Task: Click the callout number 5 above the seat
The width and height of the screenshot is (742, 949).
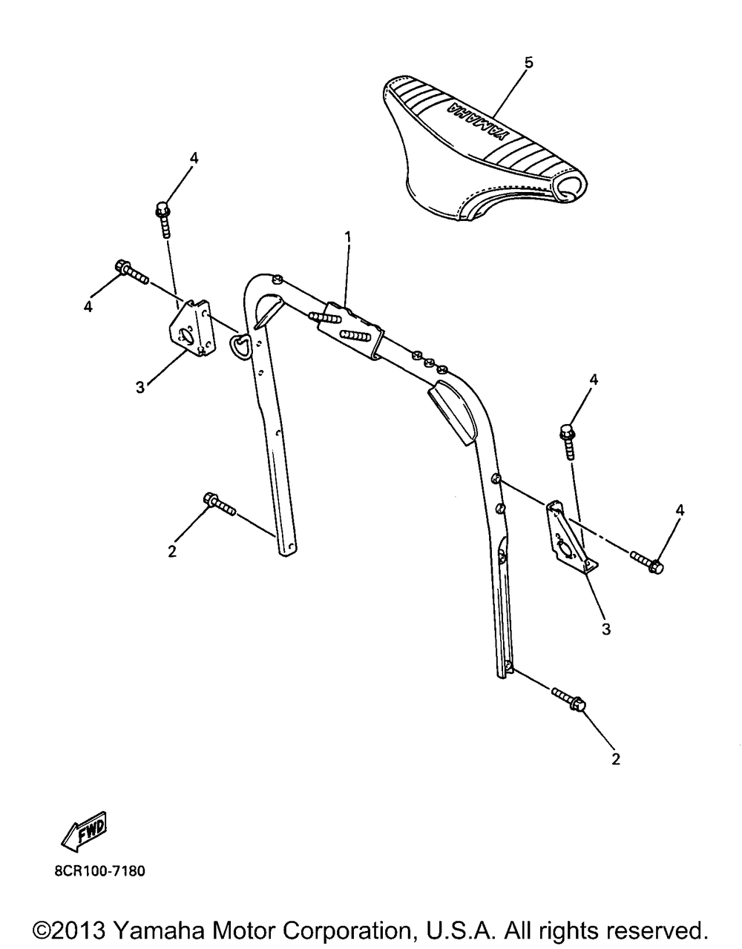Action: [529, 63]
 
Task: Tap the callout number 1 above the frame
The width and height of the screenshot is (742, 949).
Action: [348, 237]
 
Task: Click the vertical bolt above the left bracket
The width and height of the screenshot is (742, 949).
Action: [162, 219]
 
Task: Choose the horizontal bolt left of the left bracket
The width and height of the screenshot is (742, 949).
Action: [131, 272]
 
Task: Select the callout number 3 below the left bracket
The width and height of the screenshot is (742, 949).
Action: [140, 387]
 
